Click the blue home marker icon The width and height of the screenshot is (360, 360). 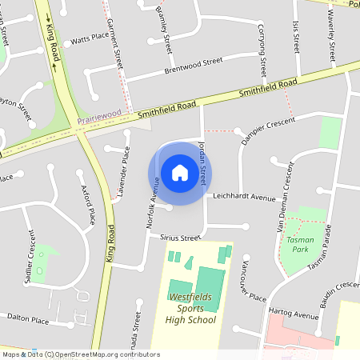180,173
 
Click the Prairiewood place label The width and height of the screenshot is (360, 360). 99,118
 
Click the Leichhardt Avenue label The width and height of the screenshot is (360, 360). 244,196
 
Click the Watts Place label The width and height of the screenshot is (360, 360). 90,38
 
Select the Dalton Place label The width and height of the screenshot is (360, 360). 29,320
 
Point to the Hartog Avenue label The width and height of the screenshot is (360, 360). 295,315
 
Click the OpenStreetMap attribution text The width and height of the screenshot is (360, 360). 80,354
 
